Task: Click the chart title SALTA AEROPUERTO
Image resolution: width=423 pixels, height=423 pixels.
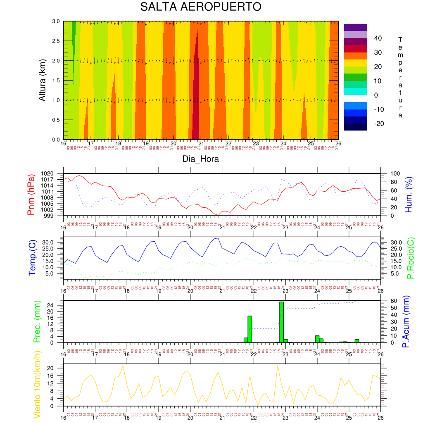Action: click(x=200, y=7)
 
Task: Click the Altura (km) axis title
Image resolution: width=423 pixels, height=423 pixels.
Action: click(x=42, y=80)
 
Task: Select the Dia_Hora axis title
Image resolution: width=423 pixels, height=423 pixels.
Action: click(x=200, y=159)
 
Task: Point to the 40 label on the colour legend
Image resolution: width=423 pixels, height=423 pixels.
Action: click(x=378, y=38)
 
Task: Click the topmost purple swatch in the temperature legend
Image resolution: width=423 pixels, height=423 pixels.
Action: click(x=355, y=27)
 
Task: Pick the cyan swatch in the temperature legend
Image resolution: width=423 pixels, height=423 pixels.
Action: click(x=355, y=91)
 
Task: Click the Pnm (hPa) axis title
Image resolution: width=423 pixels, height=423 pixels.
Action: click(x=31, y=195)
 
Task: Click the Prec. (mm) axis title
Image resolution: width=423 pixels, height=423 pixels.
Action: click(x=36, y=321)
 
